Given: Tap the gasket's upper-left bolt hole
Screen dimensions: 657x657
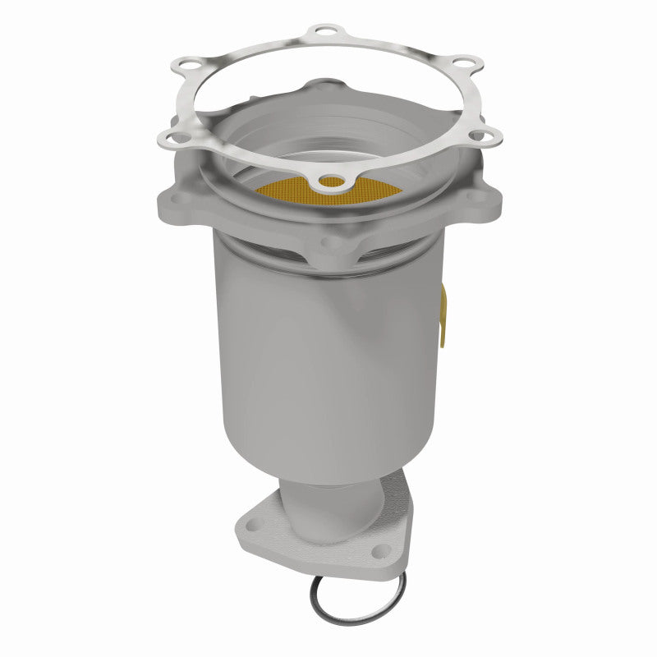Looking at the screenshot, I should coord(187,64).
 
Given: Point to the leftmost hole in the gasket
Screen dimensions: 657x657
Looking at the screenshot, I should coord(176,138).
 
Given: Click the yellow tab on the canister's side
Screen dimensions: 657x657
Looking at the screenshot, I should coord(443,312).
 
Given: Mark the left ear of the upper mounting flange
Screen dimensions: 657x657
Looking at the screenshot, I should coord(177,201).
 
